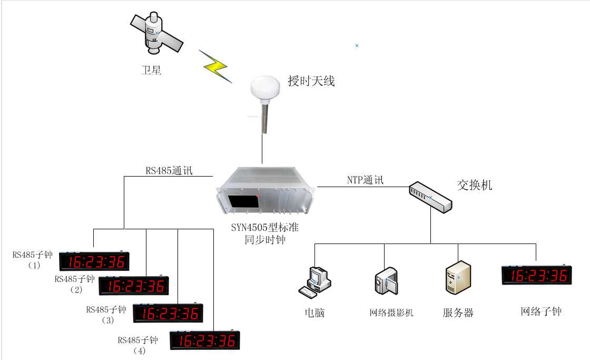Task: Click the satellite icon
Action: click(x=156, y=33)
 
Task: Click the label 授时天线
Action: click(x=311, y=81)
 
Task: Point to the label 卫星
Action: click(x=151, y=71)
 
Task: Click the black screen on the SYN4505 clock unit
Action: click(x=243, y=201)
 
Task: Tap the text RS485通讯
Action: click(x=169, y=171)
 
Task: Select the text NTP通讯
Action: click(x=365, y=180)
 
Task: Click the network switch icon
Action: click(x=430, y=197)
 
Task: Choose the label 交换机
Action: click(x=475, y=185)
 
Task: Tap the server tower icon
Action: click(x=458, y=278)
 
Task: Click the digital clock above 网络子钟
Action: click(x=537, y=275)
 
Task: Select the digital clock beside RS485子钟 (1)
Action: click(x=94, y=261)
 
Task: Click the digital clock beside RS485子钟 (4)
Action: click(x=205, y=340)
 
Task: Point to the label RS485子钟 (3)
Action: click(x=106, y=315)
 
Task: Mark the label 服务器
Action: click(x=458, y=313)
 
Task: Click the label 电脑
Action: click(x=314, y=313)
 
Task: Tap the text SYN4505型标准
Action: click(x=265, y=228)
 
